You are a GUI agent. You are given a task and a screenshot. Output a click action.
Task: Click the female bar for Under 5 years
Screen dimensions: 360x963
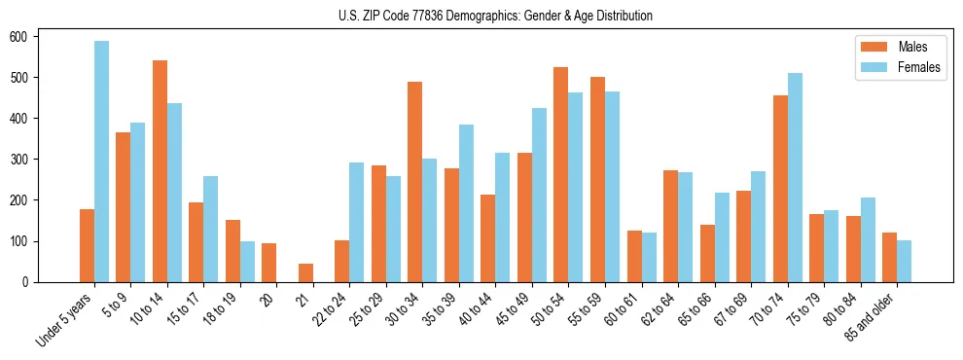coord(101,162)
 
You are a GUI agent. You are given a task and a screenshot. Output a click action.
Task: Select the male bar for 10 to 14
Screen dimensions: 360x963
coord(160,171)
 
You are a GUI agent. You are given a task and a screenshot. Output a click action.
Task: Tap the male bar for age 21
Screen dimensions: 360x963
coord(305,272)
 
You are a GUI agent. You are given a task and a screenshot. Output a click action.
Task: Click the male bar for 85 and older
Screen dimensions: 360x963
coord(889,258)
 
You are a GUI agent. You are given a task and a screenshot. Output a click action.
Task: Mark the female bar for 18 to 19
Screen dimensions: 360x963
coord(247,262)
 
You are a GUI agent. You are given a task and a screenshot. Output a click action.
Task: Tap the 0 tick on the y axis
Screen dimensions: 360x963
coord(31,282)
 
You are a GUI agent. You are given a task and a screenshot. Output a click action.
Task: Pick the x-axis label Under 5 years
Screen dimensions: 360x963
coord(64,317)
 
